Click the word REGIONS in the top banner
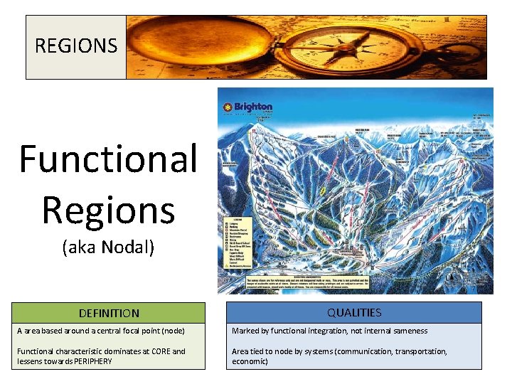click(76, 47)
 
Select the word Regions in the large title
click(108, 210)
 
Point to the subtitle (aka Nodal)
click(108, 248)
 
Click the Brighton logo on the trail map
click(249, 107)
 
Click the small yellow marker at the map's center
click(324, 191)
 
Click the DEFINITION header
click(109, 313)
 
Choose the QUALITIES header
click(354, 312)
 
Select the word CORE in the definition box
click(159, 351)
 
